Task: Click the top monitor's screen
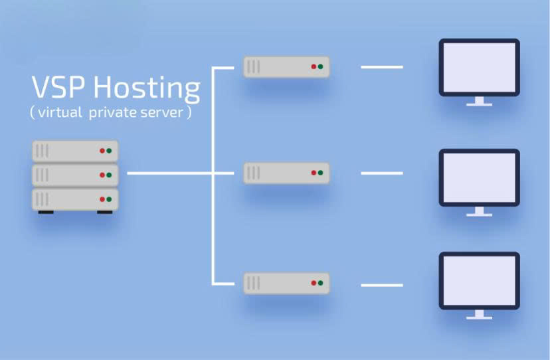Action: [479, 67]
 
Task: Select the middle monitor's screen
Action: [479, 177]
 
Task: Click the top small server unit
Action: [286, 66]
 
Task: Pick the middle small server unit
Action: [286, 173]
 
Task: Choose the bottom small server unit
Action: [286, 283]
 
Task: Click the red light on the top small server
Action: [314, 67]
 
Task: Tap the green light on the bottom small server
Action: [320, 283]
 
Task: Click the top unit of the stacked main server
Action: [75, 151]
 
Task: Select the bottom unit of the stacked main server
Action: [75, 199]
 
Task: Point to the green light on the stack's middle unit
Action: [109, 175]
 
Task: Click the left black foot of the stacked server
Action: [45, 213]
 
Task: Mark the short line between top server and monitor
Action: [381, 67]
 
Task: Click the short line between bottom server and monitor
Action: [381, 285]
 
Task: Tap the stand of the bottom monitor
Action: [479, 314]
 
